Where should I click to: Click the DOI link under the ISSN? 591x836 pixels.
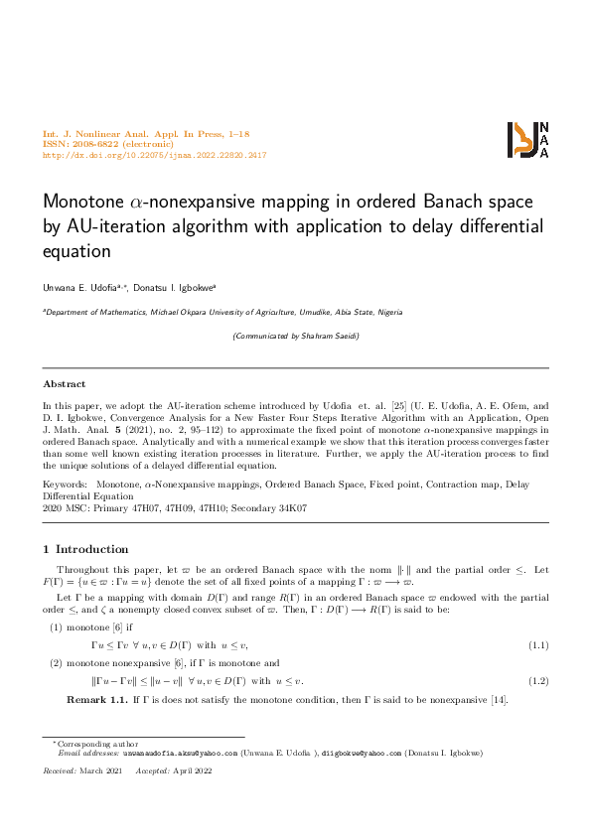coord(154,156)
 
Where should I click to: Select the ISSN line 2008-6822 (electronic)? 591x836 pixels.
coord(108,144)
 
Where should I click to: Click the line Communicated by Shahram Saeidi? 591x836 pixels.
coord(295,337)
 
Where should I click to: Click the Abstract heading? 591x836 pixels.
coord(65,383)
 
